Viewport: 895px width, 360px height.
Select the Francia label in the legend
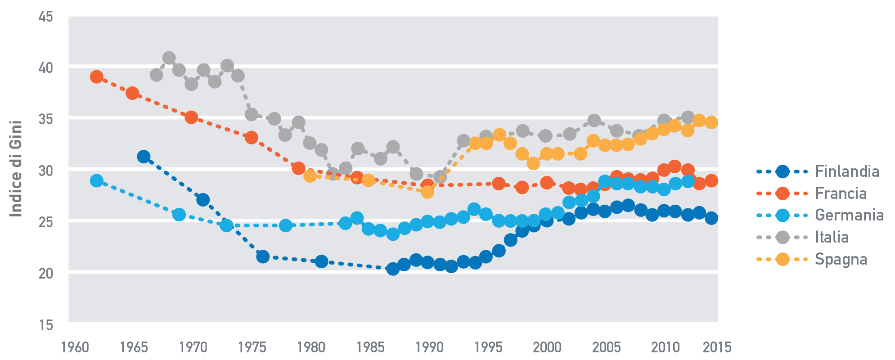point(841,193)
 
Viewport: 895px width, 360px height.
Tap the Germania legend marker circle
point(783,216)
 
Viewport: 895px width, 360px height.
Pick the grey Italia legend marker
point(783,237)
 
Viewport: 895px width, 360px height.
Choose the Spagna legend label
point(841,259)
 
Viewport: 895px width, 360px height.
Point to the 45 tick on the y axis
point(46,17)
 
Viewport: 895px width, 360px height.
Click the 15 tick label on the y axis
point(46,325)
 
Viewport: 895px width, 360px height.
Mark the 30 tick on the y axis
point(46,171)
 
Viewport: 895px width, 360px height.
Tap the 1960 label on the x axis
point(75,347)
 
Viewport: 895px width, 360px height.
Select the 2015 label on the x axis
point(717,347)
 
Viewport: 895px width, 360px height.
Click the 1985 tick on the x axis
point(370,347)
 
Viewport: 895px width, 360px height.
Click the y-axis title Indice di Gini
point(16,169)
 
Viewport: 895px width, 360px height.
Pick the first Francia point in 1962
point(96,77)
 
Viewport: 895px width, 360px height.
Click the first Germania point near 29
point(96,180)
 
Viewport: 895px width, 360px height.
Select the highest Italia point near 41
point(169,58)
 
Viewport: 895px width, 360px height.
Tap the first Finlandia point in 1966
point(144,157)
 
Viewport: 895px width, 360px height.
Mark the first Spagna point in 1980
point(310,175)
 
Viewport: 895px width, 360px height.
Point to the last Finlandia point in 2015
point(711,218)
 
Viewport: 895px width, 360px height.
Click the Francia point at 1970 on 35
point(191,117)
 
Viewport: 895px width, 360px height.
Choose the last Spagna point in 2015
point(711,122)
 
